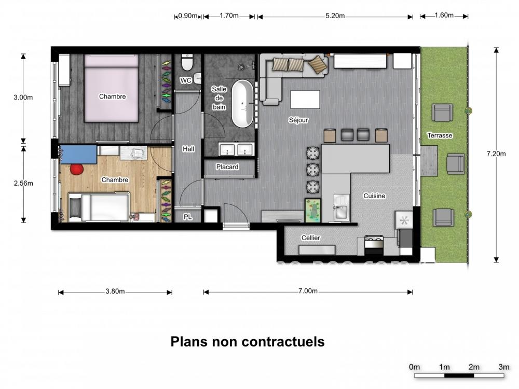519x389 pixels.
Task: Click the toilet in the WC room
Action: pos(187,62)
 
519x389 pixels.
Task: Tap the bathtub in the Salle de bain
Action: pos(242,104)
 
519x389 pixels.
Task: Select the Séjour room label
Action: pos(298,120)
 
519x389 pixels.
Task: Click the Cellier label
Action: pos(310,238)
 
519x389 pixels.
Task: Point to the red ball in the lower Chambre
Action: pos(77,169)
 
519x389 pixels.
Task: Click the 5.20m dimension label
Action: pos(335,16)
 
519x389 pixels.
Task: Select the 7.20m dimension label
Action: pos(496,154)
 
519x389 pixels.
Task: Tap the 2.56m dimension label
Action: pos(23,183)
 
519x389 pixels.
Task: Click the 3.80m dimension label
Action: pos(115,291)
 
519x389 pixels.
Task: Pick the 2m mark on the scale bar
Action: pos(474,367)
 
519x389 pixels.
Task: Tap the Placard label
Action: pos(227,167)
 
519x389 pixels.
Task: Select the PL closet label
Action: pos(188,217)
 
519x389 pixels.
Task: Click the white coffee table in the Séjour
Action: pos(305,100)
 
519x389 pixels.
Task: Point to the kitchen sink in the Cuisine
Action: pos(342,208)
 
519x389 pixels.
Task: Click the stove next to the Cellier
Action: pos(374,245)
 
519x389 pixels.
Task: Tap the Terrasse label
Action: pos(440,135)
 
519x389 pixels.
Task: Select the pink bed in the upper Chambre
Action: pos(111,88)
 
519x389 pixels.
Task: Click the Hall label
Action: pos(188,149)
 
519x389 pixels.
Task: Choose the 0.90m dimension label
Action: pos(188,16)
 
